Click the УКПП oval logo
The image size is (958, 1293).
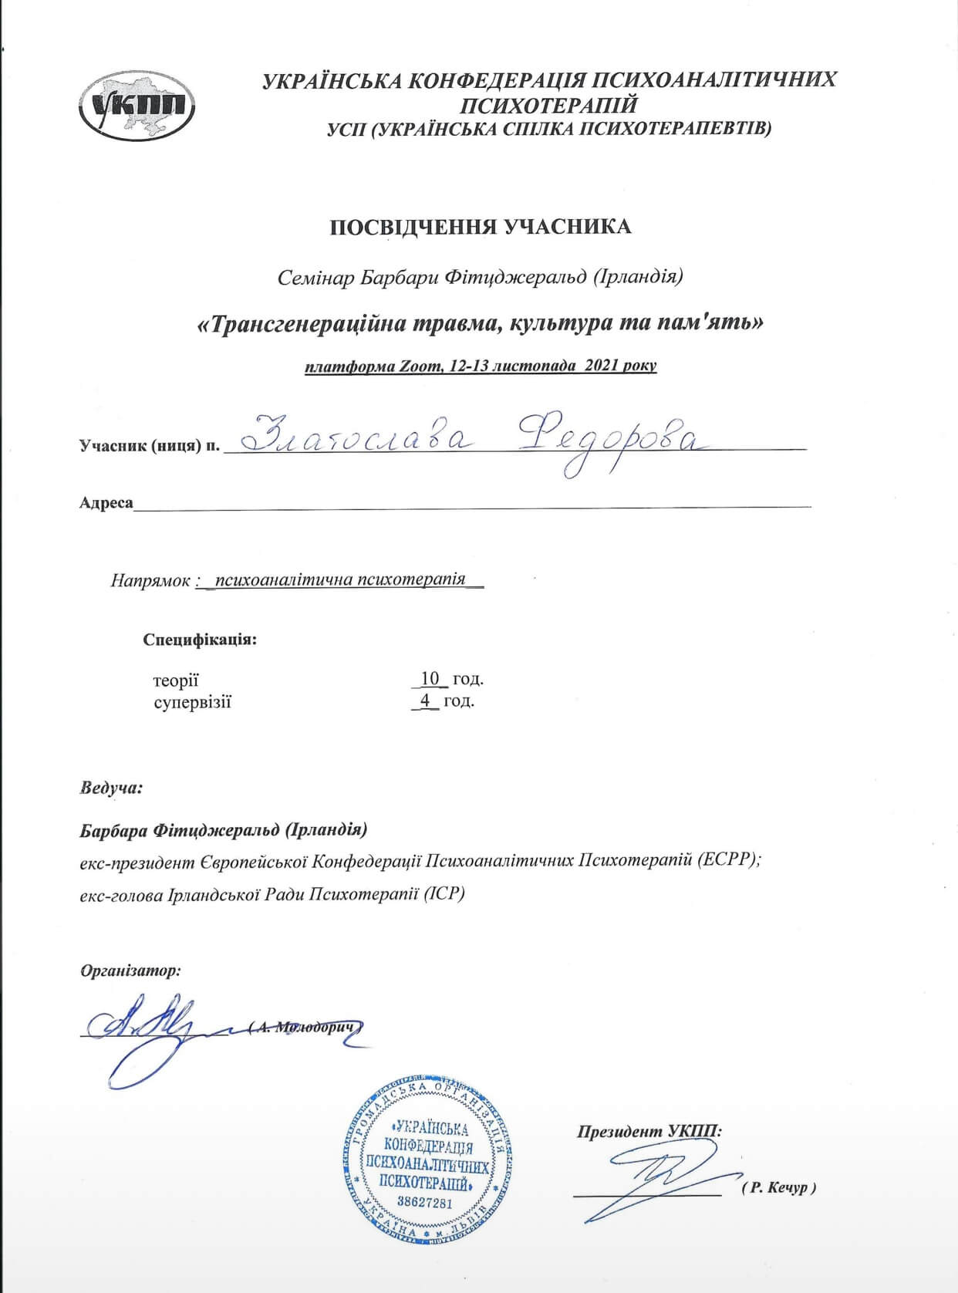(137, 106)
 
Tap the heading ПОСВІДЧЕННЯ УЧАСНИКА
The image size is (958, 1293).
(481, 227)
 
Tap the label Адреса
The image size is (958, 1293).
(106, 503)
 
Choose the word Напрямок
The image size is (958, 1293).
(150, 580)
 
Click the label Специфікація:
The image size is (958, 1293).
(200, 640)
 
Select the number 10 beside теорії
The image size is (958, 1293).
(430, 679)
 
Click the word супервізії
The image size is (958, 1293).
(192, 702)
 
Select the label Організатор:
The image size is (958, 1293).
(131, 971)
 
